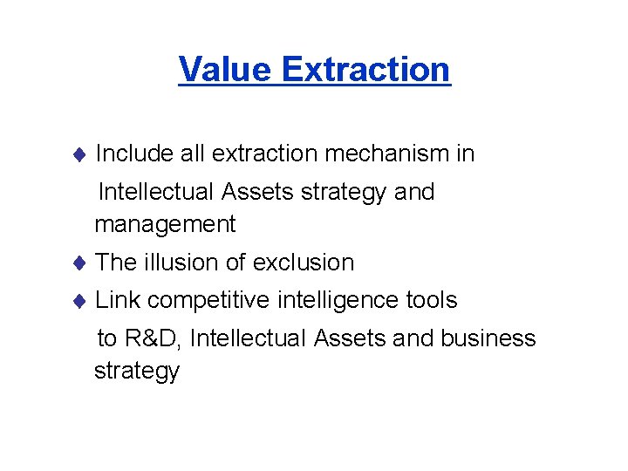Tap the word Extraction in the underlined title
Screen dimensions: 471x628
(x=366, y=69)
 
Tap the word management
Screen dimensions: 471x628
(x=165, y=225)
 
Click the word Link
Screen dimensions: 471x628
(x=117, y=301)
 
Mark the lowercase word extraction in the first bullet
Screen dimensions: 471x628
(x=265, y=154)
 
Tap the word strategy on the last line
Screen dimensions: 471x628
(x=137, y=372)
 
